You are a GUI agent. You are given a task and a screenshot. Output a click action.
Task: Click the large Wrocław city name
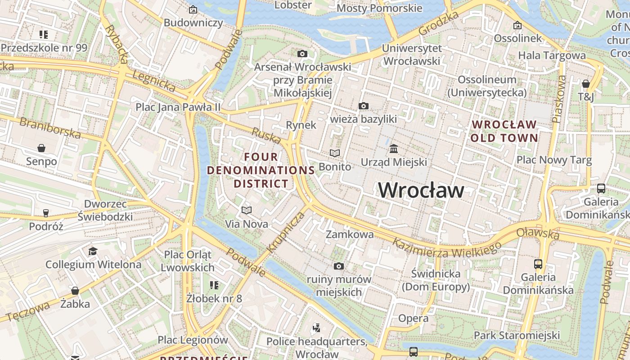[x=421, y=190]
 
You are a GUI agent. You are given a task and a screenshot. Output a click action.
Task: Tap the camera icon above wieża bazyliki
[x=364, y=106]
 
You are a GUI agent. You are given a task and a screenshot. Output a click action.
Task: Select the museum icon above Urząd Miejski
[x=394, y=148]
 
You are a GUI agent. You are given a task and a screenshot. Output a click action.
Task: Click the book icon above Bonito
[x=334, y=153]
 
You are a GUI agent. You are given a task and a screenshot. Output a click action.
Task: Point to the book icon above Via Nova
[x=246, y=210]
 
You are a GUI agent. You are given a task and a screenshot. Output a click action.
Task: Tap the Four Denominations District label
[x=261, y=170]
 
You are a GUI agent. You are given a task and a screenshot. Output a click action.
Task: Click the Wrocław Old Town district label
[x=504, y=131]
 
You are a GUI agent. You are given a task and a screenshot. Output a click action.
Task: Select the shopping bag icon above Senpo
[x=41, y=148]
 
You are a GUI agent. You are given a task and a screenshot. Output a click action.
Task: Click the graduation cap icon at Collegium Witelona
[x=93, y=251]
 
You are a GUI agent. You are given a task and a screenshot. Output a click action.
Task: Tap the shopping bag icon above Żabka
[x=75, y=291]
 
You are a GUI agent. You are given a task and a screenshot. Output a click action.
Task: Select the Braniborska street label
[x=50, y=128]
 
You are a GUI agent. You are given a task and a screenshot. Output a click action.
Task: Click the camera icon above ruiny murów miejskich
[x=339, y=266]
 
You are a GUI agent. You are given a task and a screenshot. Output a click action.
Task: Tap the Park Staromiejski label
[x=517, y=335]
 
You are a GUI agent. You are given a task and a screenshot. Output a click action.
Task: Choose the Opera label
[x=413, y=319]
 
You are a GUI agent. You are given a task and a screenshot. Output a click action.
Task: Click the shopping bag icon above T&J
[x=586, y=84]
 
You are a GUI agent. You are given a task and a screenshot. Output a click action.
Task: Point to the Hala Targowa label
[x=552, y=55]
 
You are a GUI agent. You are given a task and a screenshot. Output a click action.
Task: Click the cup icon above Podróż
[x=46, y=213]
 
